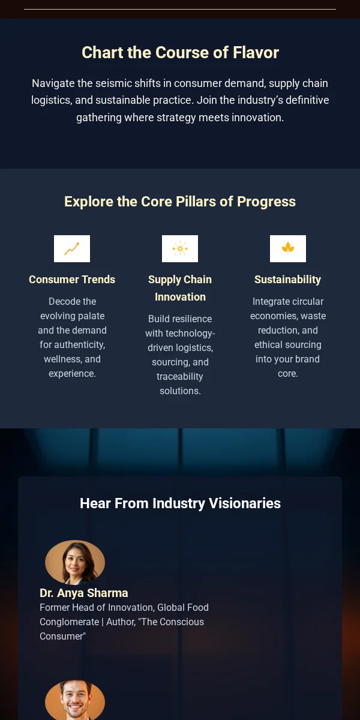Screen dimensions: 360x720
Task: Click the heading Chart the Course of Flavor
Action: coord(180,52)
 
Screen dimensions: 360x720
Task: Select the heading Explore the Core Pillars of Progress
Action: coord(180,202)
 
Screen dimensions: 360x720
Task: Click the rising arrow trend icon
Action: coord(72,248)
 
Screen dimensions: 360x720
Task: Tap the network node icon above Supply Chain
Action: coord(180,248)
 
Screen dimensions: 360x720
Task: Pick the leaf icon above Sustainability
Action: coord(288,248)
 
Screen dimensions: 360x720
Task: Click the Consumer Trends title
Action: coord(72,280)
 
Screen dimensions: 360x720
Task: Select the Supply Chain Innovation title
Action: coord(180,288)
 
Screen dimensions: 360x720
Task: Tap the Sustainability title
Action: coord(288,280)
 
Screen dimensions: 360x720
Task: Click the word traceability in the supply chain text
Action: coord(180,376)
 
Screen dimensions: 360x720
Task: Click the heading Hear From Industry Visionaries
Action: coord(180,503)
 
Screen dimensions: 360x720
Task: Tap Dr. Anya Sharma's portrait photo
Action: coord(75,562)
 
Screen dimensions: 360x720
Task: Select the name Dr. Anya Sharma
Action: coord(84,593)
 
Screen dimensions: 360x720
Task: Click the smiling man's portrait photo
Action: coord(75,701)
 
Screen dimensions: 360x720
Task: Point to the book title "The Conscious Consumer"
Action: coord(122,629)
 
